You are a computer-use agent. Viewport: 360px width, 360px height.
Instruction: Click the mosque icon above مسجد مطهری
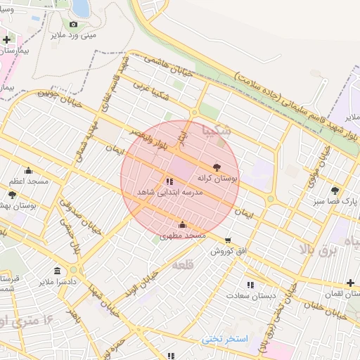[x=183, y=225]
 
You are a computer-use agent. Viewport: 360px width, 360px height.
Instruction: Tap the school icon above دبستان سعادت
[x=250, y=285]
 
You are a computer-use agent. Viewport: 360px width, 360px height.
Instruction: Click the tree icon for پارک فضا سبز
[x=335, y=191]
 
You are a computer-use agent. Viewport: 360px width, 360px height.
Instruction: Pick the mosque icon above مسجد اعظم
[x=29, y=169]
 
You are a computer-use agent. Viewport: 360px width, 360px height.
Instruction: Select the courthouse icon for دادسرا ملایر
[x=57, y=271]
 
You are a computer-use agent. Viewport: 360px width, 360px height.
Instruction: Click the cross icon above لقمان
[x=350, y=283]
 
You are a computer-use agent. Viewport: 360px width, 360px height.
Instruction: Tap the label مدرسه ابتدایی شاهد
[x=171, y=192]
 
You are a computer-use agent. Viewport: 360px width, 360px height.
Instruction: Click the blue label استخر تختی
[x=226, y=339]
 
